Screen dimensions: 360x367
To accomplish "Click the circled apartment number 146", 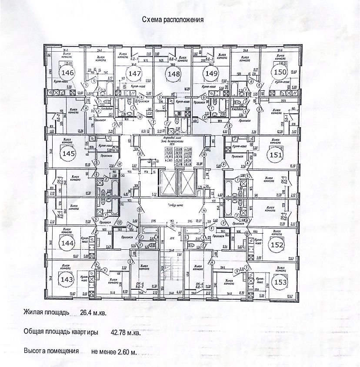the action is point(68,72).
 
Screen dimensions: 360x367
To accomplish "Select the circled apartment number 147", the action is point(135,74).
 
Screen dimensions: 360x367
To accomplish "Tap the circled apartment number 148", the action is point(173,74).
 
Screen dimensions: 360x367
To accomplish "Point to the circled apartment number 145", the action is point(68,154).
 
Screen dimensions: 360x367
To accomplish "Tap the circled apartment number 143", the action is point(67,278).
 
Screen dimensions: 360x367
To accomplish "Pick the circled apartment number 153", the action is point(279,282).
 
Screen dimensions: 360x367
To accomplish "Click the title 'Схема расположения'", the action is point(173,20).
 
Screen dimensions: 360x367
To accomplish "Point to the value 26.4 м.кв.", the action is point(93,312).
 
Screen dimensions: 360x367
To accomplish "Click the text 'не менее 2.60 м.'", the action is point(114,351).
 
